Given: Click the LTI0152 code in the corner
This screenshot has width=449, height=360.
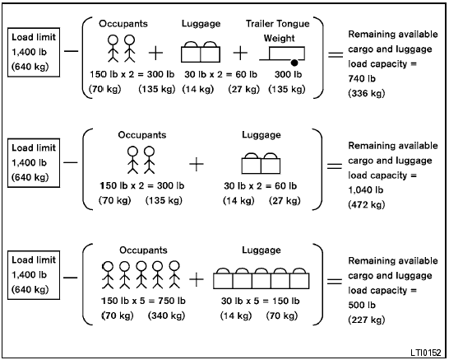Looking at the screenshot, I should point(425,350).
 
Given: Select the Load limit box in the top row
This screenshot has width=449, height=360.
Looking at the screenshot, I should point(31,50).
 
